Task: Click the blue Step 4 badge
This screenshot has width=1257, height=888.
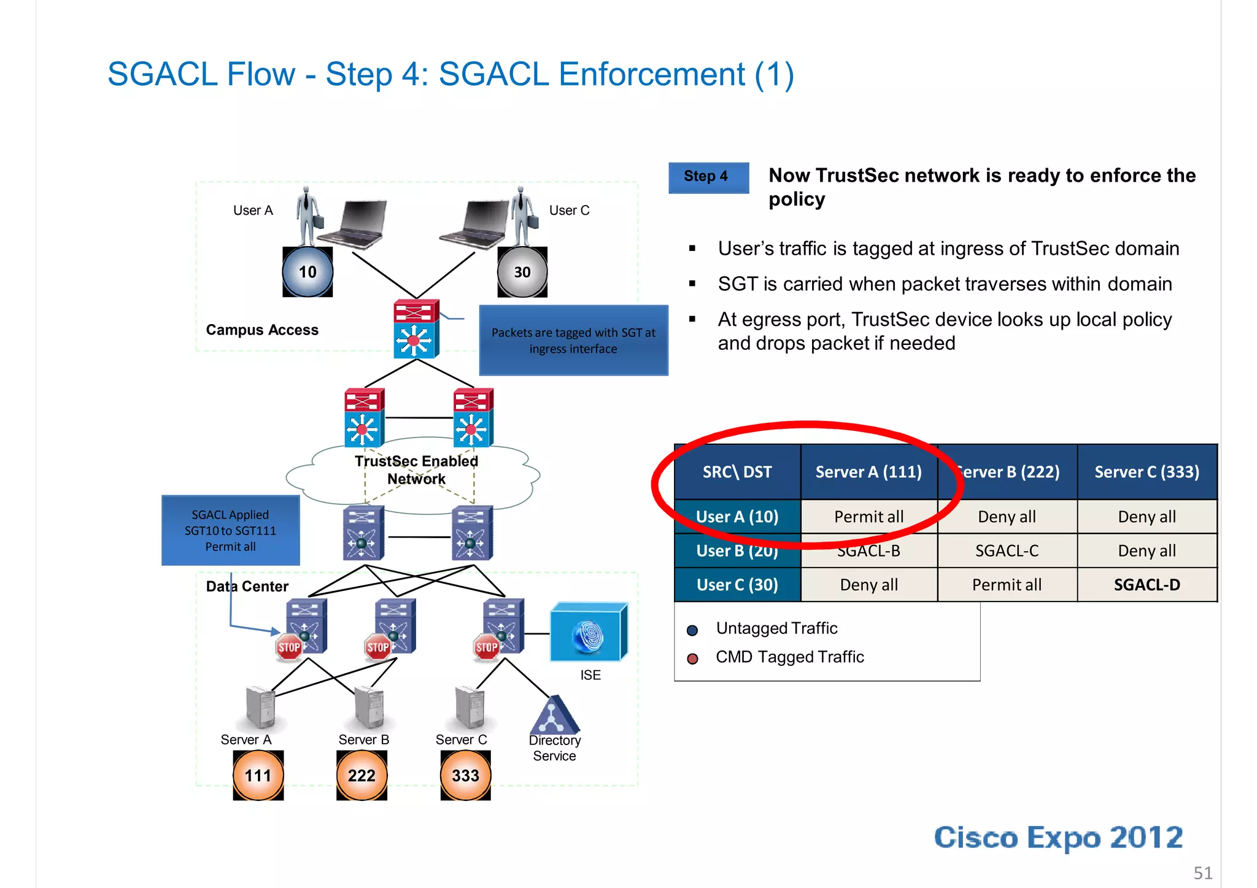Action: (x=708, y=177)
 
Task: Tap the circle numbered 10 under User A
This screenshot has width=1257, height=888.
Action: (x=307, y=272)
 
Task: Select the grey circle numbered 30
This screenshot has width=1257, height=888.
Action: (x=522, y=272)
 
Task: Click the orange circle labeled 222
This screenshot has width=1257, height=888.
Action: (x=362, y=776)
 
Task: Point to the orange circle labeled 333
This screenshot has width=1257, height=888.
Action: (x=465, y=776)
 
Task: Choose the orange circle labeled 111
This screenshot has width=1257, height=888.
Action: (x=258, y=776)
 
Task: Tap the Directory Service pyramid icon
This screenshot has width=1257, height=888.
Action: (x=554, y=716)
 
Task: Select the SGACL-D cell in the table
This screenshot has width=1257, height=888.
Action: (x=1147, y=585)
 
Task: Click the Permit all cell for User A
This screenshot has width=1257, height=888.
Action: (x=868, y=517)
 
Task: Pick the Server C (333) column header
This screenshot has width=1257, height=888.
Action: (x=1147, y=472)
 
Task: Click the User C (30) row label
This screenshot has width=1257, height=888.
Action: (x=737, y=585)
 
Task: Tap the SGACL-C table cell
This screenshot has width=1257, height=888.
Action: (x=1007, y=551)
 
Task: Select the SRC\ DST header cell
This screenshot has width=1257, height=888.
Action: (x=737, y=472)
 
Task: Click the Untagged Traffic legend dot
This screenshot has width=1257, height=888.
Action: (x=692, y=630)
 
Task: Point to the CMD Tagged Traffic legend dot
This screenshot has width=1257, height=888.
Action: (x=692, y=659)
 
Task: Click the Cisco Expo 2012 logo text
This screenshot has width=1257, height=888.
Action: (x=1058, y=838)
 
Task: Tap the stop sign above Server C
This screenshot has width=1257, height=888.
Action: (x=487, y=647)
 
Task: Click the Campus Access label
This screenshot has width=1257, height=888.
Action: (x=262, y=330)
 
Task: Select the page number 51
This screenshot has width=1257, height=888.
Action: (x=1202, y=873)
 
